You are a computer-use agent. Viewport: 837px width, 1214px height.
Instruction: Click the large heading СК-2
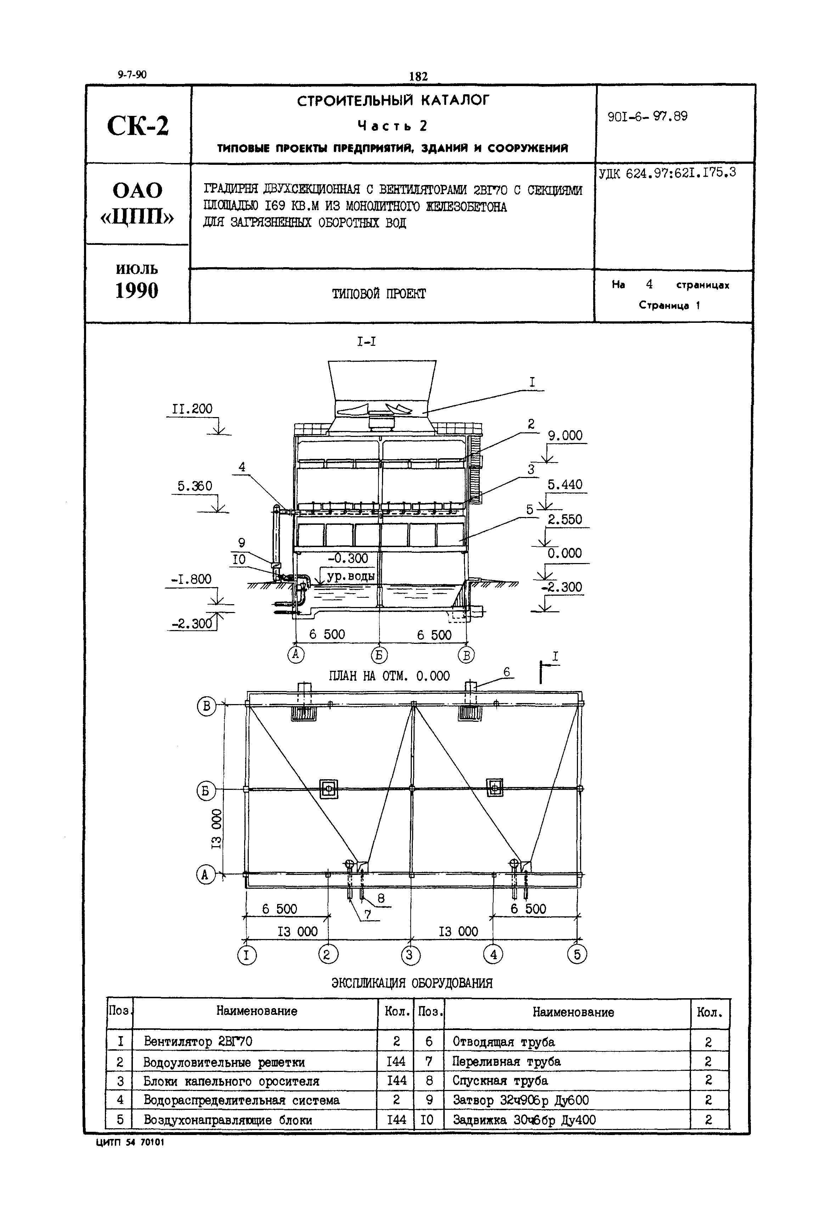pos(137,126)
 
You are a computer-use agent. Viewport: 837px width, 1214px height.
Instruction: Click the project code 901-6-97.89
pos(647,117)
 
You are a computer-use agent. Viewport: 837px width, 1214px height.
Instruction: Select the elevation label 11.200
pos(192,409)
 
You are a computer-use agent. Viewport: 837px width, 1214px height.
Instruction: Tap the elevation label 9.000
pos(565,436)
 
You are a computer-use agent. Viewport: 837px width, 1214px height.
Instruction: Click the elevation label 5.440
pos(565,484)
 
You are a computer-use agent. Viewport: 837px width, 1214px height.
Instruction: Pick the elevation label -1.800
pos(191,579)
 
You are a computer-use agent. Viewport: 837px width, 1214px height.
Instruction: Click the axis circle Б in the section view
pos(379,655)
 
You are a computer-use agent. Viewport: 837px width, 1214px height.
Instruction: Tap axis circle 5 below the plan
pos(577,954)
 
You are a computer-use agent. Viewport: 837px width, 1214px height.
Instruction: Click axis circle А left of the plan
pos(206,875)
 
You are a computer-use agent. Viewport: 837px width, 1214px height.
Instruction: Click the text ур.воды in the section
pos(350,576)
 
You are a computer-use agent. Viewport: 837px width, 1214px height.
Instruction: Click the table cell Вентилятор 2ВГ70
pos(198,1041)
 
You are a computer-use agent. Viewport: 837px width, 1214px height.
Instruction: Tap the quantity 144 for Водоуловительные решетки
pos(396,1061)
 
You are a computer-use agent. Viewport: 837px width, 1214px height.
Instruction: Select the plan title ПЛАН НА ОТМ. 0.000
pos(389,676)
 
